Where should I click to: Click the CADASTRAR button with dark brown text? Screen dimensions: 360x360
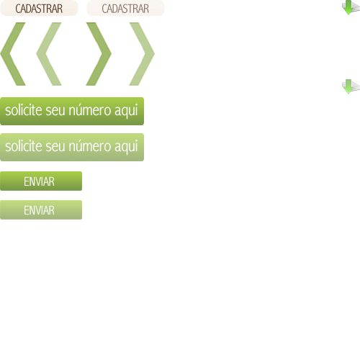[39, 8]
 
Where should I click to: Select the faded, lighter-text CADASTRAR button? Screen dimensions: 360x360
[125, 8]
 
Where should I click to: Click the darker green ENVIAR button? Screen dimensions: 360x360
[41, 181]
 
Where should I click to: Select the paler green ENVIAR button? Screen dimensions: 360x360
[41, 210]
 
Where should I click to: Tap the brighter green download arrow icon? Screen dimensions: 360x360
[351, 7]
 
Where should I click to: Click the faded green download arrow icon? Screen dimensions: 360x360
[351, 86]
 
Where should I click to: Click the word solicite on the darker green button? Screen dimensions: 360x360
[24, 110]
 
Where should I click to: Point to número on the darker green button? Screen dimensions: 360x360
[90, 110]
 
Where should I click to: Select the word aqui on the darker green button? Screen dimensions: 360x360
[126, 112]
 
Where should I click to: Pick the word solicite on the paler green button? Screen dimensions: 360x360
[24, 146]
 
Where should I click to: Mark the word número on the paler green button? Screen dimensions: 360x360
[90, 146]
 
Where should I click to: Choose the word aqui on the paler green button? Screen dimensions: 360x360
[126, 148]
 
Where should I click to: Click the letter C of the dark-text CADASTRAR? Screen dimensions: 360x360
[19, 9]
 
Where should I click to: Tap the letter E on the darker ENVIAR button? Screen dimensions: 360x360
[26, 181]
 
